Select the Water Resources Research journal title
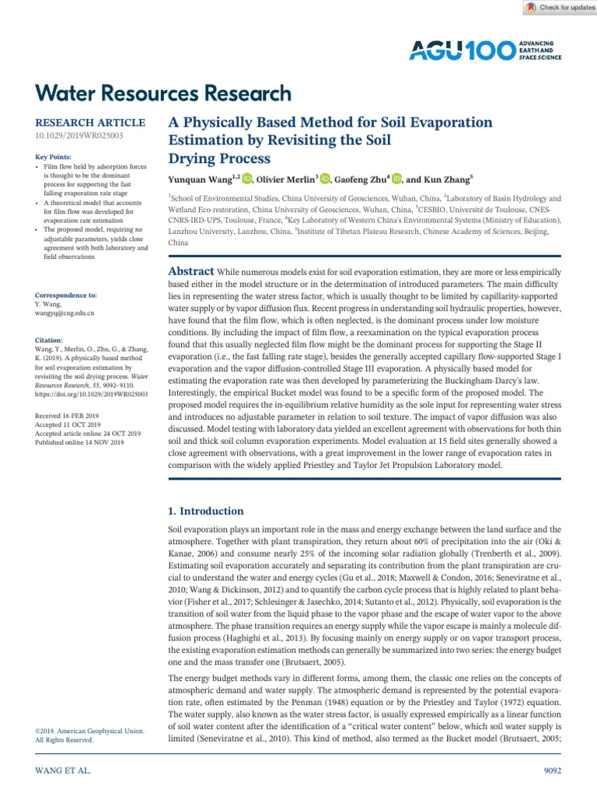point(164,93)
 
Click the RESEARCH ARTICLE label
point(90,123)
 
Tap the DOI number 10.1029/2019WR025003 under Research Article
point(79,136)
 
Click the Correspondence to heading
point(66,295)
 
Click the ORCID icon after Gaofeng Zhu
point(396,180)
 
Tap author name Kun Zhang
point(445,180)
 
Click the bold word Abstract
point(191,271)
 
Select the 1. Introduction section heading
point(206,511)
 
